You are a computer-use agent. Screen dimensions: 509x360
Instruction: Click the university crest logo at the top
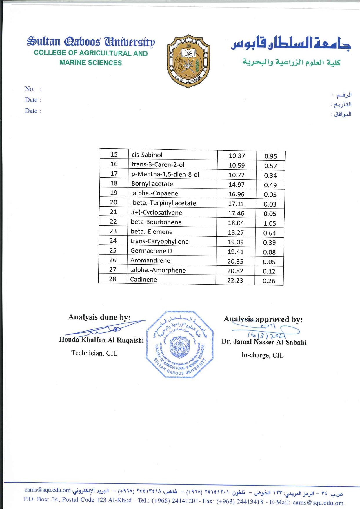point(188,61)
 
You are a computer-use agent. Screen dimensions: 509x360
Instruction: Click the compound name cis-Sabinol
point(147,155)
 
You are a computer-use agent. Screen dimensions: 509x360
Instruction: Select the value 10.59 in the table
point(237,165)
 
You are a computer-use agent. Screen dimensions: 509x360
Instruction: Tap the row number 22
point(113,222)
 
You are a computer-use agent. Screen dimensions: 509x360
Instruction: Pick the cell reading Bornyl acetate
point(152,184)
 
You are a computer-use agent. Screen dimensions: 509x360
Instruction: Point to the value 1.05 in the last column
point(270,223)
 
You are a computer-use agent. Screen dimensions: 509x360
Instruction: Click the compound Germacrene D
point(151,251)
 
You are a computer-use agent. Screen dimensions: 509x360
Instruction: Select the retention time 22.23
point(235,280)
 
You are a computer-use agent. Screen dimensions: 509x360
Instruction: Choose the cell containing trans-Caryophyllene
point(159,241)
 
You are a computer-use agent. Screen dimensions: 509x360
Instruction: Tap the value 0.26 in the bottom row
point(269,281)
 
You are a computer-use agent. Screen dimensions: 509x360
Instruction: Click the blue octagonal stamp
point(180,345)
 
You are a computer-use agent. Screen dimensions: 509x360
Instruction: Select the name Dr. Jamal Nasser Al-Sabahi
point(264,342)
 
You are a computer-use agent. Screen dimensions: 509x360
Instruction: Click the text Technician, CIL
point(94,353)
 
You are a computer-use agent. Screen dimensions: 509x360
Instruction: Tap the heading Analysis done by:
point(99,317)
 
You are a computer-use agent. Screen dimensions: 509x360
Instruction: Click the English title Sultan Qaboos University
point(91,42)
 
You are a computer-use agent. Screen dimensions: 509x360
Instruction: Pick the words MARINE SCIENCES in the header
point(91,63)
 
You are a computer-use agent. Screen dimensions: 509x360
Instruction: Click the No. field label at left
point(30,89)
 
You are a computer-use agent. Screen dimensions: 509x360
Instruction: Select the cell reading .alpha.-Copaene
point(155,193)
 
